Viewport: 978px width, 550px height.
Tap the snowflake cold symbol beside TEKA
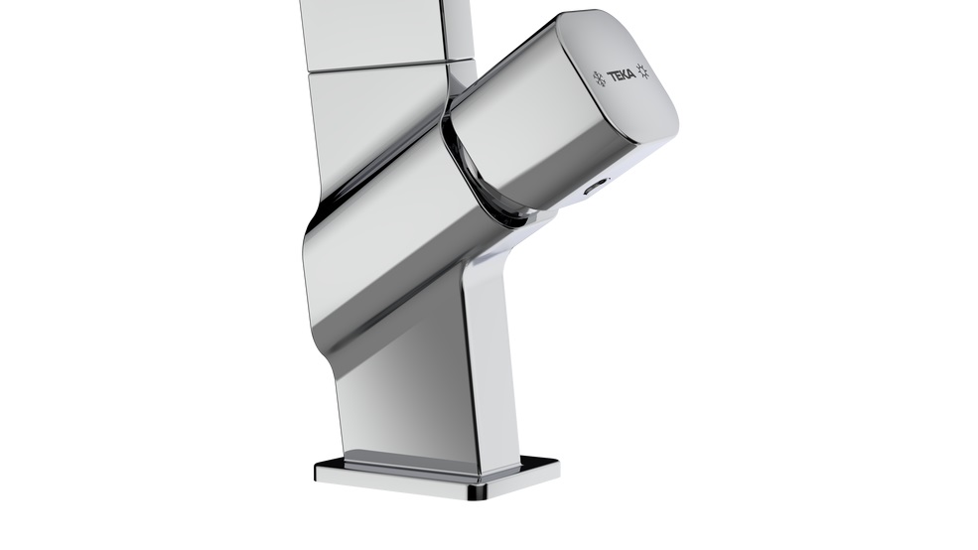(x=599, y=78)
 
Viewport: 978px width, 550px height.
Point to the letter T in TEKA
(x=612, y=75)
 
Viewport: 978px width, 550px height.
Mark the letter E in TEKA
(x=619, y=74)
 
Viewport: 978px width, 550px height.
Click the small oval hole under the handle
(x=596, y=188)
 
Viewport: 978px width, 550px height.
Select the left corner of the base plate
(x=318, y=469)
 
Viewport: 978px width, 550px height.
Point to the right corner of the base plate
(x=557, y=463)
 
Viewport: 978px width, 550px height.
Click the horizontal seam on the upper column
(x=387, y=67)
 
